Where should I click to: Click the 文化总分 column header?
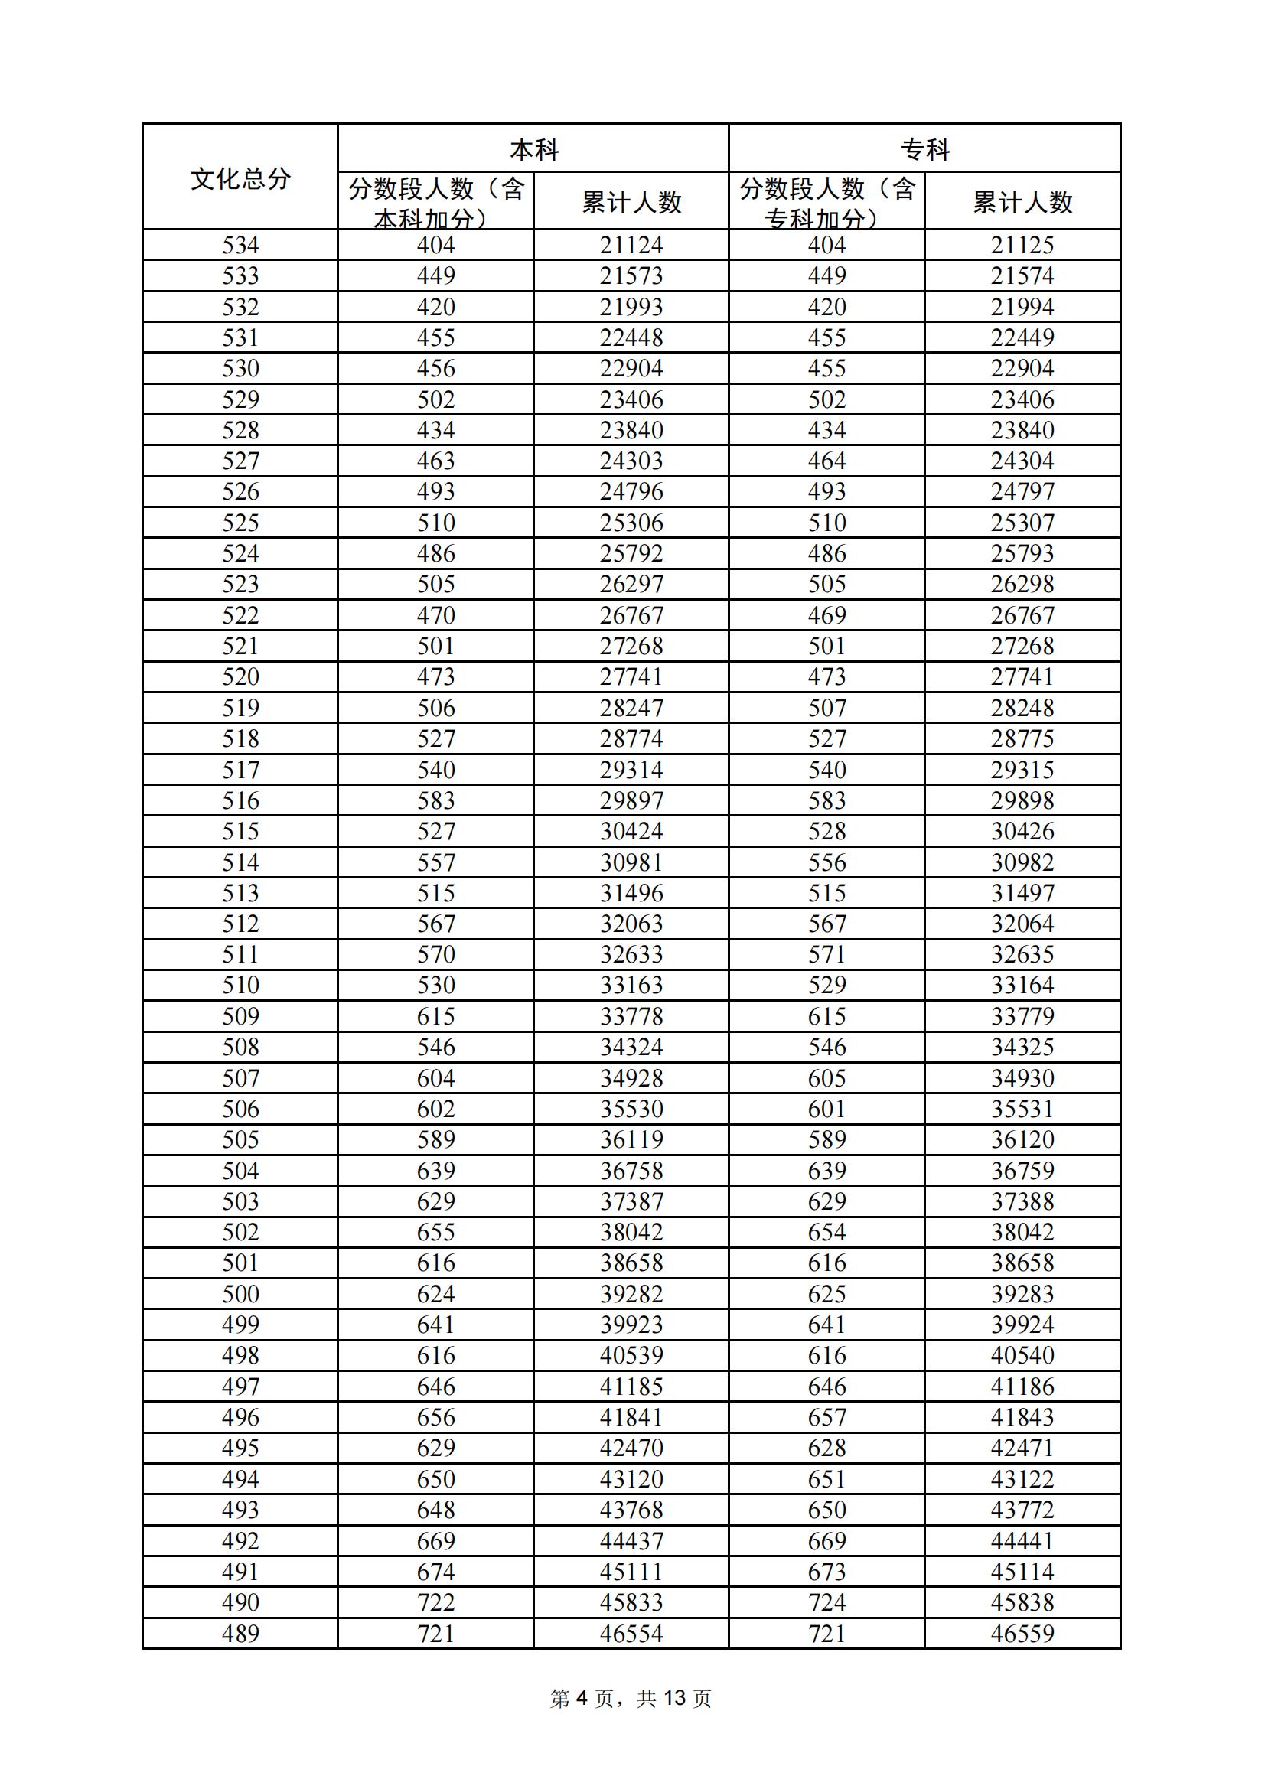[240, 178]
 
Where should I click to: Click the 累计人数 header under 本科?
[631, 203]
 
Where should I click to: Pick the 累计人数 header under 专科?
[1022, 203]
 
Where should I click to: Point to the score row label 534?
[240, 245]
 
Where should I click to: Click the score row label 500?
[240, 1293]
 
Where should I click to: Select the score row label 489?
[240, 1633]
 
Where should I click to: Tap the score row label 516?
[240, 800]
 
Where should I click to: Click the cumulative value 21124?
[631, 245]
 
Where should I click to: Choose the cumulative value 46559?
[1022, 1633]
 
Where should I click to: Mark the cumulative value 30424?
[631, 832]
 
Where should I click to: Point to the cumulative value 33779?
[1022, 1016]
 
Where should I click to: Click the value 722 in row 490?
[435, 1602]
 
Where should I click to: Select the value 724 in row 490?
[827, 1602]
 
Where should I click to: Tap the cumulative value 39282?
[631, 1293]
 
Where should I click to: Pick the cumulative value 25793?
[1022, 553]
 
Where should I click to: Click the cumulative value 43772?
[1022, 1509]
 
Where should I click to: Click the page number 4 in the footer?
[582, 1698]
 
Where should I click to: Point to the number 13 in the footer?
[674, 1698]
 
